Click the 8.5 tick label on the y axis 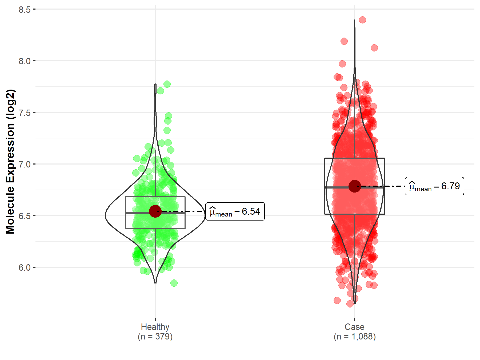[25, 10]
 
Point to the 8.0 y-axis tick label [25, 61]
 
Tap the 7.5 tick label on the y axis [25, 113]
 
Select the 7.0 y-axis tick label [25, 164]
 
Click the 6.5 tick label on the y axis [25, 216]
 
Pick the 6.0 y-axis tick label [25, 267]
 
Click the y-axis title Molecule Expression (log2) [10, 162]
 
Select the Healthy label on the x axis [155, 327]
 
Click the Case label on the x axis [354, 327]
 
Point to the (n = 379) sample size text [155, 337]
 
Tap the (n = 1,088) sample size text [354, 337]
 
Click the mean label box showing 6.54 [235, 211]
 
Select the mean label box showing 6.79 [434, 186]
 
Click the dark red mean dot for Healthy [155, 211]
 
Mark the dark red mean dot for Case [355, 186]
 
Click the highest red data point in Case [362, 20]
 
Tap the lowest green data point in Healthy [174, 283]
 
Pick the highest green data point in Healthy [167, 84]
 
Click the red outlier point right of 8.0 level [374, 48]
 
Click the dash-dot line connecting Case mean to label [384, 186]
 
